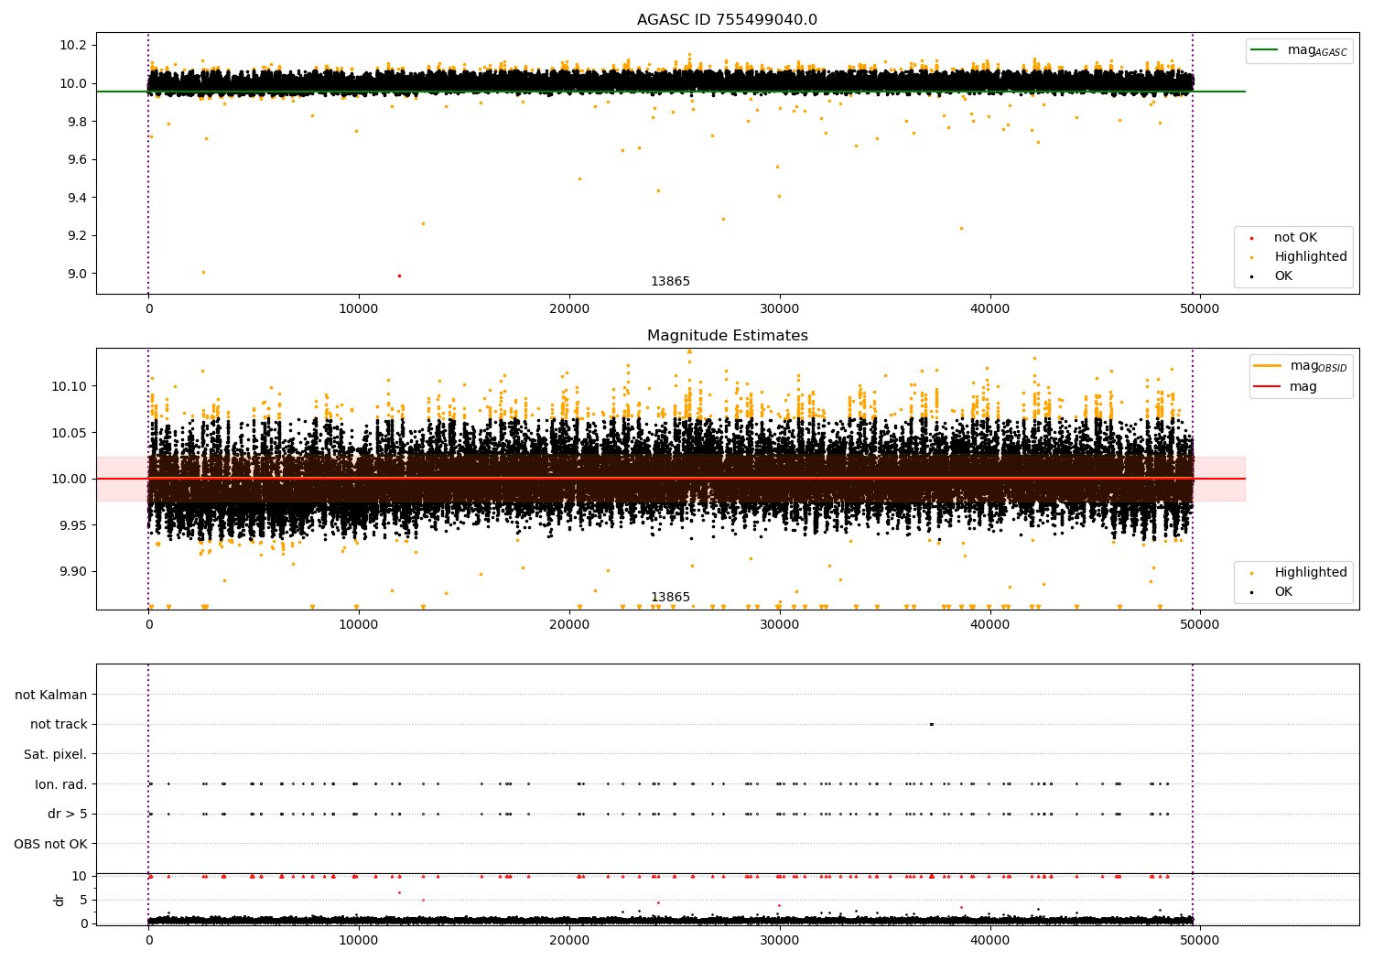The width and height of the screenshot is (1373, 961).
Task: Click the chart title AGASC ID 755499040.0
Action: coord(727,20)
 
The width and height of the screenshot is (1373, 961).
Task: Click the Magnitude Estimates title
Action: coord(727,336)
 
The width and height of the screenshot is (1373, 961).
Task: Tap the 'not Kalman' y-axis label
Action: coord(51,695)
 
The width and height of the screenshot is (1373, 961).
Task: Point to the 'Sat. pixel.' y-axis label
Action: coord(55,754)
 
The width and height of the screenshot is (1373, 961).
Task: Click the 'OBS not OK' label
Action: coord(50,844)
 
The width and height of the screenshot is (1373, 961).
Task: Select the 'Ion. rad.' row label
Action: coord(60,784)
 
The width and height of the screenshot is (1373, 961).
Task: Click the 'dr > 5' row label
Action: coord(67,814)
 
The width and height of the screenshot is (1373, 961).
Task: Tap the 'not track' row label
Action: coord(59,724)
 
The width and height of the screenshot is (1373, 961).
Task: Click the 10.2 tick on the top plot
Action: coord(72,46)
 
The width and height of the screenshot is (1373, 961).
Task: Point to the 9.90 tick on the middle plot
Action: coord(70,571)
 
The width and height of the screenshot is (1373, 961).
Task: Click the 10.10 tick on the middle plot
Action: coord(70,386)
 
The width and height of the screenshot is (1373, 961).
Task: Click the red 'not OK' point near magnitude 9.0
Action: coord(399,275)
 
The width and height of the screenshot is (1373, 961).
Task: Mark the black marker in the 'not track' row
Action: coord(931,724)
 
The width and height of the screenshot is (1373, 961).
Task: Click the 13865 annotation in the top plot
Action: coord(670,282)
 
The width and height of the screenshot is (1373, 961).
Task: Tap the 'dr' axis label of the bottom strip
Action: coord(59,900)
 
